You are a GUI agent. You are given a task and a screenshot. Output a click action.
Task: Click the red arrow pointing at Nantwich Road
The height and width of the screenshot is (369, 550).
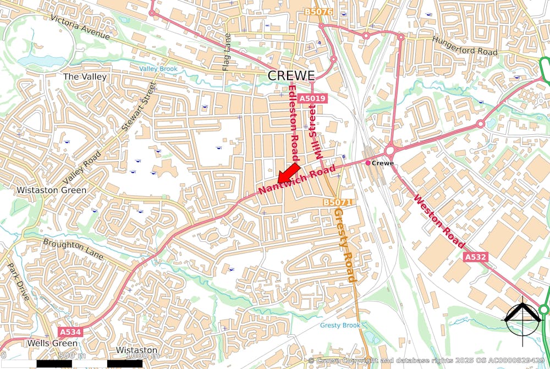click(x=289, y=173)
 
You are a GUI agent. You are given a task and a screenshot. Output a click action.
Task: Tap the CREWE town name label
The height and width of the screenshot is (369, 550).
click(x=291, y=75)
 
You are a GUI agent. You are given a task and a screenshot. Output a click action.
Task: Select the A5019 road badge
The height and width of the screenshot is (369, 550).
click(x=313, y=98)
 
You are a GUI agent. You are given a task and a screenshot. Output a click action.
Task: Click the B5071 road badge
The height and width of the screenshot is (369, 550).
click(x=337, y=202)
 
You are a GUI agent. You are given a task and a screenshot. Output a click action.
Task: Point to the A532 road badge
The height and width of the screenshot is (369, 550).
click(x=476, y=257)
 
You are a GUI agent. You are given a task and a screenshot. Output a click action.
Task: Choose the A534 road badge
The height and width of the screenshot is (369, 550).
click(x=70, y=332)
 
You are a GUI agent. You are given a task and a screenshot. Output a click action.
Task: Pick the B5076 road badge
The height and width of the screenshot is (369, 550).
click(x=318, y=11)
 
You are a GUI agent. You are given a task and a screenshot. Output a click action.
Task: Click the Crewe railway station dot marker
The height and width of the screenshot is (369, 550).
click(x=368, y=163)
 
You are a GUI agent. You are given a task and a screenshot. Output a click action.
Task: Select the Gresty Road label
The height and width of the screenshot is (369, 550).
click(x=345, y=245)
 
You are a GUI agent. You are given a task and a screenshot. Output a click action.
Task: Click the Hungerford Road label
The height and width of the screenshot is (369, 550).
click(x=465, y=46)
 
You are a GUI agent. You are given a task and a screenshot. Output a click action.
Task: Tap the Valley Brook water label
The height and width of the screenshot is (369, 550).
click(x=158, y=69)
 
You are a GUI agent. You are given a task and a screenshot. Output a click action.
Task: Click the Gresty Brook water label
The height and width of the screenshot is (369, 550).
click(x=340, y=325)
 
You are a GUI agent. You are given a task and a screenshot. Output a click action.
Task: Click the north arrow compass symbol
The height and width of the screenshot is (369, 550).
click(x=522, y=318)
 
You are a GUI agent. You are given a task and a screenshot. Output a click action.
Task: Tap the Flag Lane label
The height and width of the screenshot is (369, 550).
click(x=226, y=52)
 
